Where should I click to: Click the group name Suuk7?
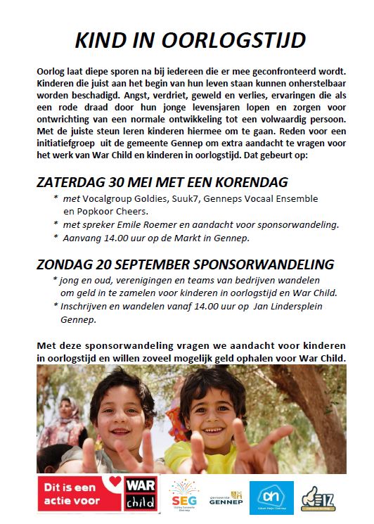tap(181, 199)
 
